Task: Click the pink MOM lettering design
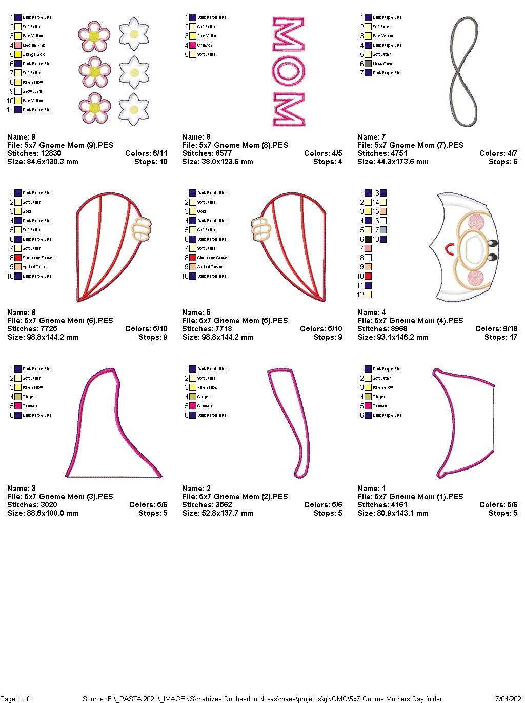(x=289, y=72)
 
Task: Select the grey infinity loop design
(x=463, y=72)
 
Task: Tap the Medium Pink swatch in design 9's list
(x=18, y=45)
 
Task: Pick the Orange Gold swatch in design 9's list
(x=18, y=54)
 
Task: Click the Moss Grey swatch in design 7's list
(x=368, y=64)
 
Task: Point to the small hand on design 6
(x=142, y=229)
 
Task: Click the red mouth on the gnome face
(x=449, y=250)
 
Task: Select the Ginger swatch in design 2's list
(x=193, y=397)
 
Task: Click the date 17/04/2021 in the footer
(x=507, y=699)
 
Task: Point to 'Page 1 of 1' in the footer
(x=17, y=699)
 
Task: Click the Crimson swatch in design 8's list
(x=193, y=45)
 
